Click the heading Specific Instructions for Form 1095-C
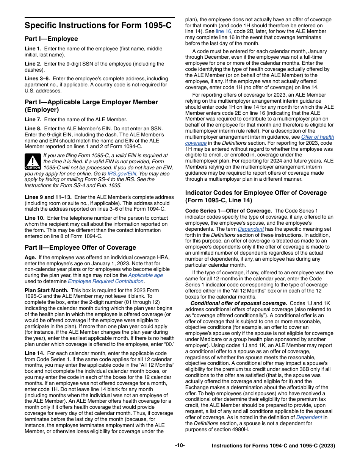(x=98, y=25)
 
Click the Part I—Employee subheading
(x=51, y=39)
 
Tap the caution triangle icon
(x=33, y=161)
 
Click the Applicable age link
(x=146, y=275)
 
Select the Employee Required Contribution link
(x=106, y=281)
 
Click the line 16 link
(x=223, y=31)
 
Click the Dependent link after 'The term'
(x=250, y=229)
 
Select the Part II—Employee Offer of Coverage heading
(x=80, y=247)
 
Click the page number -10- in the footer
(x=180, y=446)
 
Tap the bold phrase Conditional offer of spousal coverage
(x=239, y=303)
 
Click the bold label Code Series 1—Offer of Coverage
(x=228, y=211)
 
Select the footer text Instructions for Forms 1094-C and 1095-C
(x=273, y=446)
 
